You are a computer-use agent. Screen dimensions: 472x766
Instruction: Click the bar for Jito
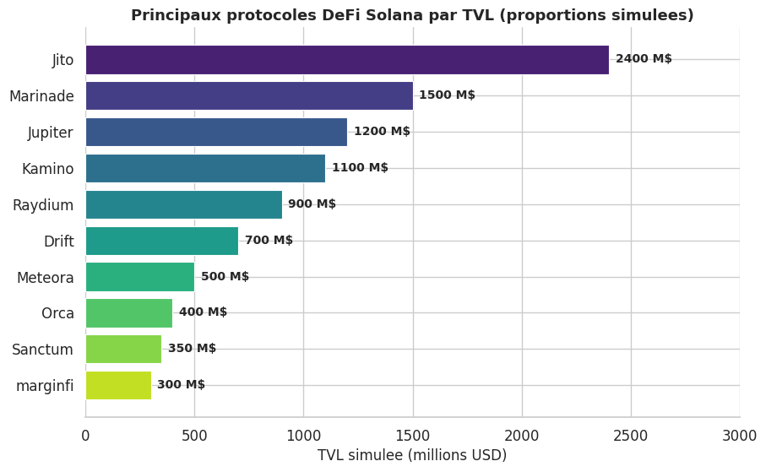(346, 60)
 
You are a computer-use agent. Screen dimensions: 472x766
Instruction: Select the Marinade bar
(249, 95)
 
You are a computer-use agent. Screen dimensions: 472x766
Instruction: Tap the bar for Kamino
(205, 168)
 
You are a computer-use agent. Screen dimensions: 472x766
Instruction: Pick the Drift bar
(161, 241)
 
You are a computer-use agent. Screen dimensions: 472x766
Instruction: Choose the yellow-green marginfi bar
(118, 385)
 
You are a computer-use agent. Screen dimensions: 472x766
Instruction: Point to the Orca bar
(128, 313)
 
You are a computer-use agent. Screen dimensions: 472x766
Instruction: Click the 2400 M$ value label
(644, 59)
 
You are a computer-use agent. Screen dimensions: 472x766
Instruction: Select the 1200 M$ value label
(382, 132)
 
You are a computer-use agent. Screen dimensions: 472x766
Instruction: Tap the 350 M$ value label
(192, 349)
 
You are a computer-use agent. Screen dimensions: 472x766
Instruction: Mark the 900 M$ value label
(312, 204)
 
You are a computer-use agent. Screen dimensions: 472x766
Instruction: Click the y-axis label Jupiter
(51, 133)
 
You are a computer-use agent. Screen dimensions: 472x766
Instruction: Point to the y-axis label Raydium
(43, 205)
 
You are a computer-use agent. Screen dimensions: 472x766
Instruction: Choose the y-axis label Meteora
(46, 278)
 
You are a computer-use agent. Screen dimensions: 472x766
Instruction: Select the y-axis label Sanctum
(43, 350)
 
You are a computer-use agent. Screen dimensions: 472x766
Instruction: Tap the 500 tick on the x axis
(194, 436)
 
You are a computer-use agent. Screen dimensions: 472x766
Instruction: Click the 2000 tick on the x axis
(522, 436)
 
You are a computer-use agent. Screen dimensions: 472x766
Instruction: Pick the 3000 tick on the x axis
(739, 436)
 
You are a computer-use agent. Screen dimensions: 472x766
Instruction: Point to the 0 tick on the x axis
(85, 436)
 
